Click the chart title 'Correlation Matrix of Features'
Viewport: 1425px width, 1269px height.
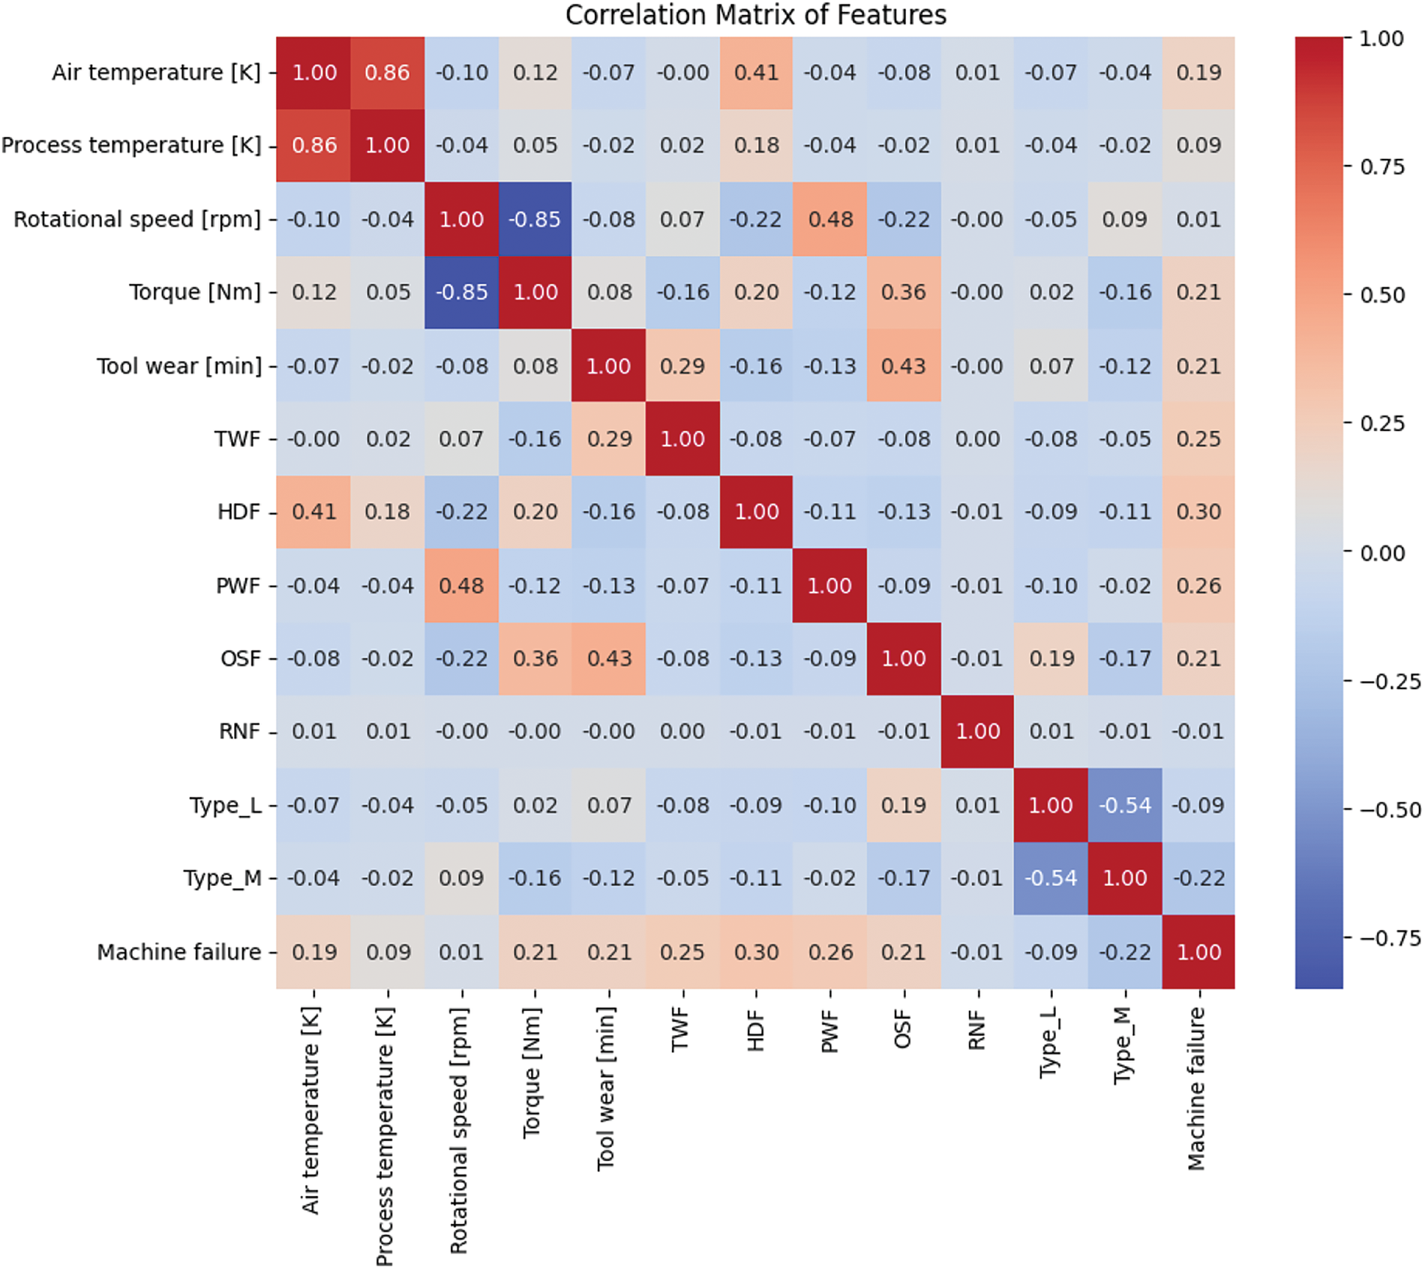[x=755, y=15]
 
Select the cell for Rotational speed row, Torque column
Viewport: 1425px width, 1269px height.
[x=535, y=219]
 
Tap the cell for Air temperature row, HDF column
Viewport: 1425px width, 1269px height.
[x=756, y=73]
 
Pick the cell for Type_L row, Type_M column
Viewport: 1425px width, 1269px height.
[x=1124, y=805]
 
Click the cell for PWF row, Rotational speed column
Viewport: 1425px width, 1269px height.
[x=461, y=585]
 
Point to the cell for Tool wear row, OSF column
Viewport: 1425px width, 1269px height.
[x=903, y=366]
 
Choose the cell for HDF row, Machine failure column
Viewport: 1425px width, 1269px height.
[x=1198, y=511]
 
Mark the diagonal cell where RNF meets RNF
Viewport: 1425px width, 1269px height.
[x=976, y=731]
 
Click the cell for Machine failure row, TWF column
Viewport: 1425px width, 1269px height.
[x=682, y=952]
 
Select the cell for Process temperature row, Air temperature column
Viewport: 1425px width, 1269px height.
[x=313, y=145]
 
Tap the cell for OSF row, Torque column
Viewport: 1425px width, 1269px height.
[x=535, y=658]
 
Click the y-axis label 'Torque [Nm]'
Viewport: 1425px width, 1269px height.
[x=195, y=292]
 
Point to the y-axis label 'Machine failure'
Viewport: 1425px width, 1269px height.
[x=179, y=952]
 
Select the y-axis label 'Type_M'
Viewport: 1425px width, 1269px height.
[x=223, y=877]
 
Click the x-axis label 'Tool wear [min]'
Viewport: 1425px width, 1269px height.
[x=606, y=1088]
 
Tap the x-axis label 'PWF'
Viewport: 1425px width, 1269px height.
[x=829, y=1031]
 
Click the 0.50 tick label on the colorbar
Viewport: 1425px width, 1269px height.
[x=1382, y=295]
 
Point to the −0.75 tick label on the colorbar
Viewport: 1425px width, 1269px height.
[x=1390, y=938]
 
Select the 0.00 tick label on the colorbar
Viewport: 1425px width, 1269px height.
[x=1382, y=553]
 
